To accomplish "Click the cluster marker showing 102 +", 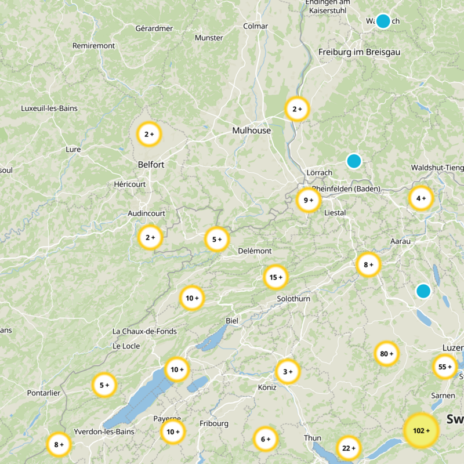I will click(421, 430).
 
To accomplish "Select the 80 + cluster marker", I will click(387, 353).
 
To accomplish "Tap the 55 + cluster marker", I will click(445, 367).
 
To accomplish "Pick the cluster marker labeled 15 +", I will click(276, 277).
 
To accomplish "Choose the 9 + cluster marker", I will click(309, 200).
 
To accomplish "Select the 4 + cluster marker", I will click(421, 198).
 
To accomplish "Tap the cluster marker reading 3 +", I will click(288, 371).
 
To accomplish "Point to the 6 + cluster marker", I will click(266, 439).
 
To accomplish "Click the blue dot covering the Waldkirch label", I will click(383, 21).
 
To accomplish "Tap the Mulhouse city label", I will click(251, 130).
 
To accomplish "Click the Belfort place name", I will click(151, 165).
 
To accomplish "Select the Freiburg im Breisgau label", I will click(359, 52).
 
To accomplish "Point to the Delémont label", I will click(255, 251).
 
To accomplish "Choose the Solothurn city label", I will click(293, 299).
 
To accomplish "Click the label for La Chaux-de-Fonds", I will click(144, 331).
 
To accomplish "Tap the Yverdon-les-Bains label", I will click(104, 432).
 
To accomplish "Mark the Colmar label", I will click(256, 26).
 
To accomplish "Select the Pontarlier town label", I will click(43, 393).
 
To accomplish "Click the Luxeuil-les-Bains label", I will click(49, 108).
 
